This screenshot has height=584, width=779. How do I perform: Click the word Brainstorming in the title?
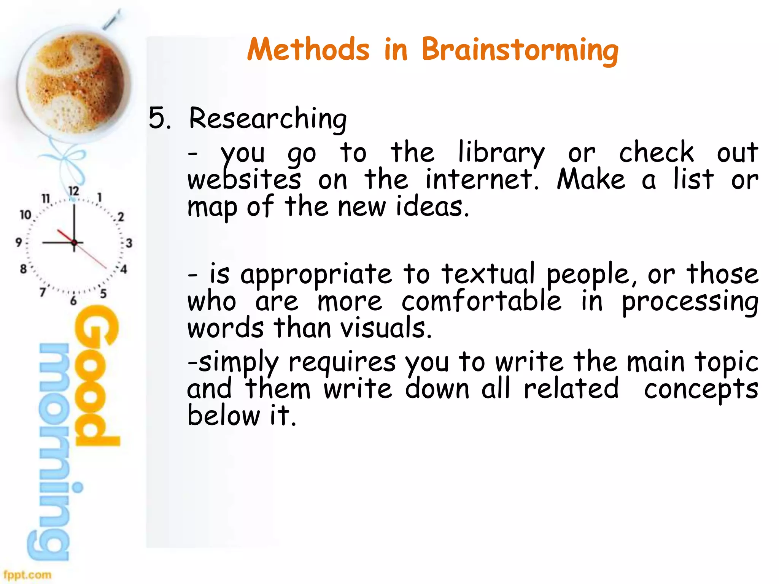point(520,50)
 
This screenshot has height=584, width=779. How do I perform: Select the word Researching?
point(268,119)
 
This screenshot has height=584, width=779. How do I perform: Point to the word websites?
point(244,179)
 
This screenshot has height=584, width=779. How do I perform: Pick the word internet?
point(482,179)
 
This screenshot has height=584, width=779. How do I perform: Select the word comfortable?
point(481,301)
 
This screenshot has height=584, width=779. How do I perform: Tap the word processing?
point(690,302)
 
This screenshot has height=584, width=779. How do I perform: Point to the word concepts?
point(701,389)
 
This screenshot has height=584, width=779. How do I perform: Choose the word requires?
point(342,362)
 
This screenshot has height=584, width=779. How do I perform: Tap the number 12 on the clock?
point(73,191)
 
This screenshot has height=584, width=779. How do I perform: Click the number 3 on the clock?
point(129,243)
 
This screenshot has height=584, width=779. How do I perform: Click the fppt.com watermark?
point(27,574)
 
